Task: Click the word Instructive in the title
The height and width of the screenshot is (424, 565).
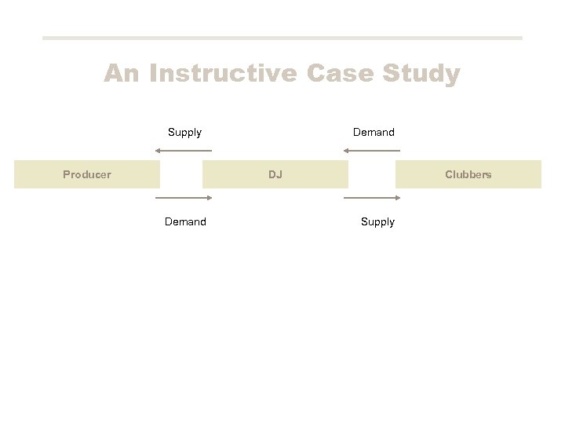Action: tap(223, 74)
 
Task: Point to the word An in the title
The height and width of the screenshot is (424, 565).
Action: tap(122, 74)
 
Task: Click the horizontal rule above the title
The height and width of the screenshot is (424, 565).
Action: tap(282, 38)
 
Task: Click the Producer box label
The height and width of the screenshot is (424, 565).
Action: tap(87, 174)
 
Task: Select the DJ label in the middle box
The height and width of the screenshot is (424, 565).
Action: tap(275, 174)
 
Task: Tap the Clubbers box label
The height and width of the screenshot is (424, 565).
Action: tap(468, 174)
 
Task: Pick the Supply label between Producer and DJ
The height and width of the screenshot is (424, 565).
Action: tap(184, 132)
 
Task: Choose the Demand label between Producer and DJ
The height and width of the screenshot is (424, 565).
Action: tap(185, 221)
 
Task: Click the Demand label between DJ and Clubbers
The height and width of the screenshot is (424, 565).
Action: tap(374, 132)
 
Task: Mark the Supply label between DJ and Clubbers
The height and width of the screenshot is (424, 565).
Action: tap(377, 221)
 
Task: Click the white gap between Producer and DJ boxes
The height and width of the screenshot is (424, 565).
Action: tap(181, 174)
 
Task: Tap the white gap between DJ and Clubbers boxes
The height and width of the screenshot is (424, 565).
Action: tap(371, 174)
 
